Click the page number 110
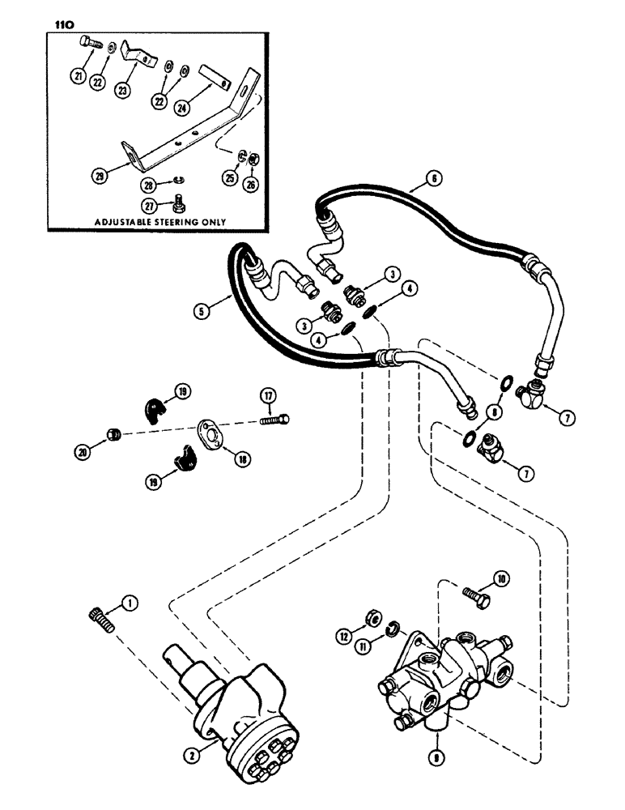(x=65, y=24)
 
